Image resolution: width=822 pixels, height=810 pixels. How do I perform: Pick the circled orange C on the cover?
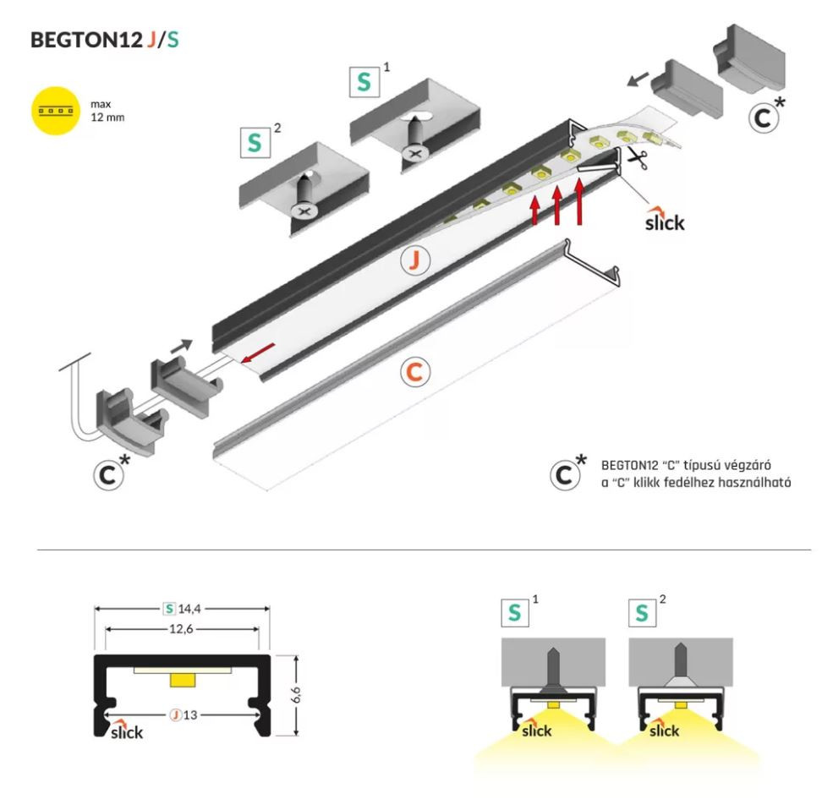[x=414, y=371]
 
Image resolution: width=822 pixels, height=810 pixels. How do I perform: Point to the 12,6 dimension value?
[x=180, y=629]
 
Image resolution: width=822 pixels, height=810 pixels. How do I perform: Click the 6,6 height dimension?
[x=297, y=695]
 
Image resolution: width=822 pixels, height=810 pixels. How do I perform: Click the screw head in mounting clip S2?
[x=302, y=209]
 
